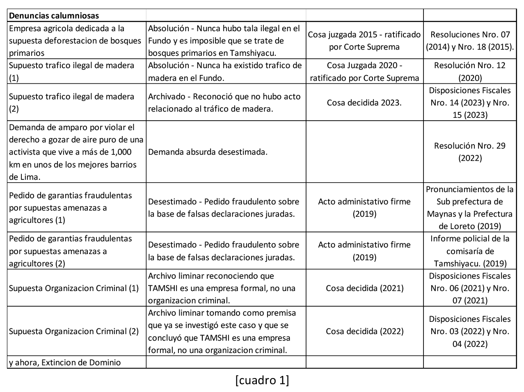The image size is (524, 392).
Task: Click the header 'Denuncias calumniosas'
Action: (54, 16)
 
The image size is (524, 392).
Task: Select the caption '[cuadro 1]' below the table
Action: (262, 380)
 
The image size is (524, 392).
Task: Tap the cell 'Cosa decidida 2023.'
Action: (364, 103)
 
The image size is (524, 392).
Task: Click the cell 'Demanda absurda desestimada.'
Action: (208, 152)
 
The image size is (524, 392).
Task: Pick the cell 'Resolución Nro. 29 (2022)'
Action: (470, 152)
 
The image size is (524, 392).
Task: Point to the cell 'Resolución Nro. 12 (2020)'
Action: (470, 71)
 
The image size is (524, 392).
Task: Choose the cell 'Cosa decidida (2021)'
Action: (364, 288)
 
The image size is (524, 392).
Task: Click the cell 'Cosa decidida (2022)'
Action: (364, 331)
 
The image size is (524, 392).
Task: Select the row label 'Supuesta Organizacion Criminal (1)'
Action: (74, 288)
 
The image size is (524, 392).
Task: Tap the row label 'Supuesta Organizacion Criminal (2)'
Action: (74, 331)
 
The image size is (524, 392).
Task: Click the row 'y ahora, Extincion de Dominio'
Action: (65, 362)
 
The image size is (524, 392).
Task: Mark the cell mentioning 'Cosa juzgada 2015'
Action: (364, 41)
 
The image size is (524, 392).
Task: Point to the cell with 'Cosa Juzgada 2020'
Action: (364, 71)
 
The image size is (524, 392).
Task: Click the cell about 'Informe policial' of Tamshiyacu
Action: (470, 251)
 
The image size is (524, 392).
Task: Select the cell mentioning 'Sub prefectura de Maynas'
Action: (470, 208)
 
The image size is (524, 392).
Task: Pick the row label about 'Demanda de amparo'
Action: (76, 152)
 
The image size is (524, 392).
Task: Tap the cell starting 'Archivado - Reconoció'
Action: (224, 103)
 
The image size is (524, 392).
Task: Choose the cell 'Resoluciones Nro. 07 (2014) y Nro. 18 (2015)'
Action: (470, 41)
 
